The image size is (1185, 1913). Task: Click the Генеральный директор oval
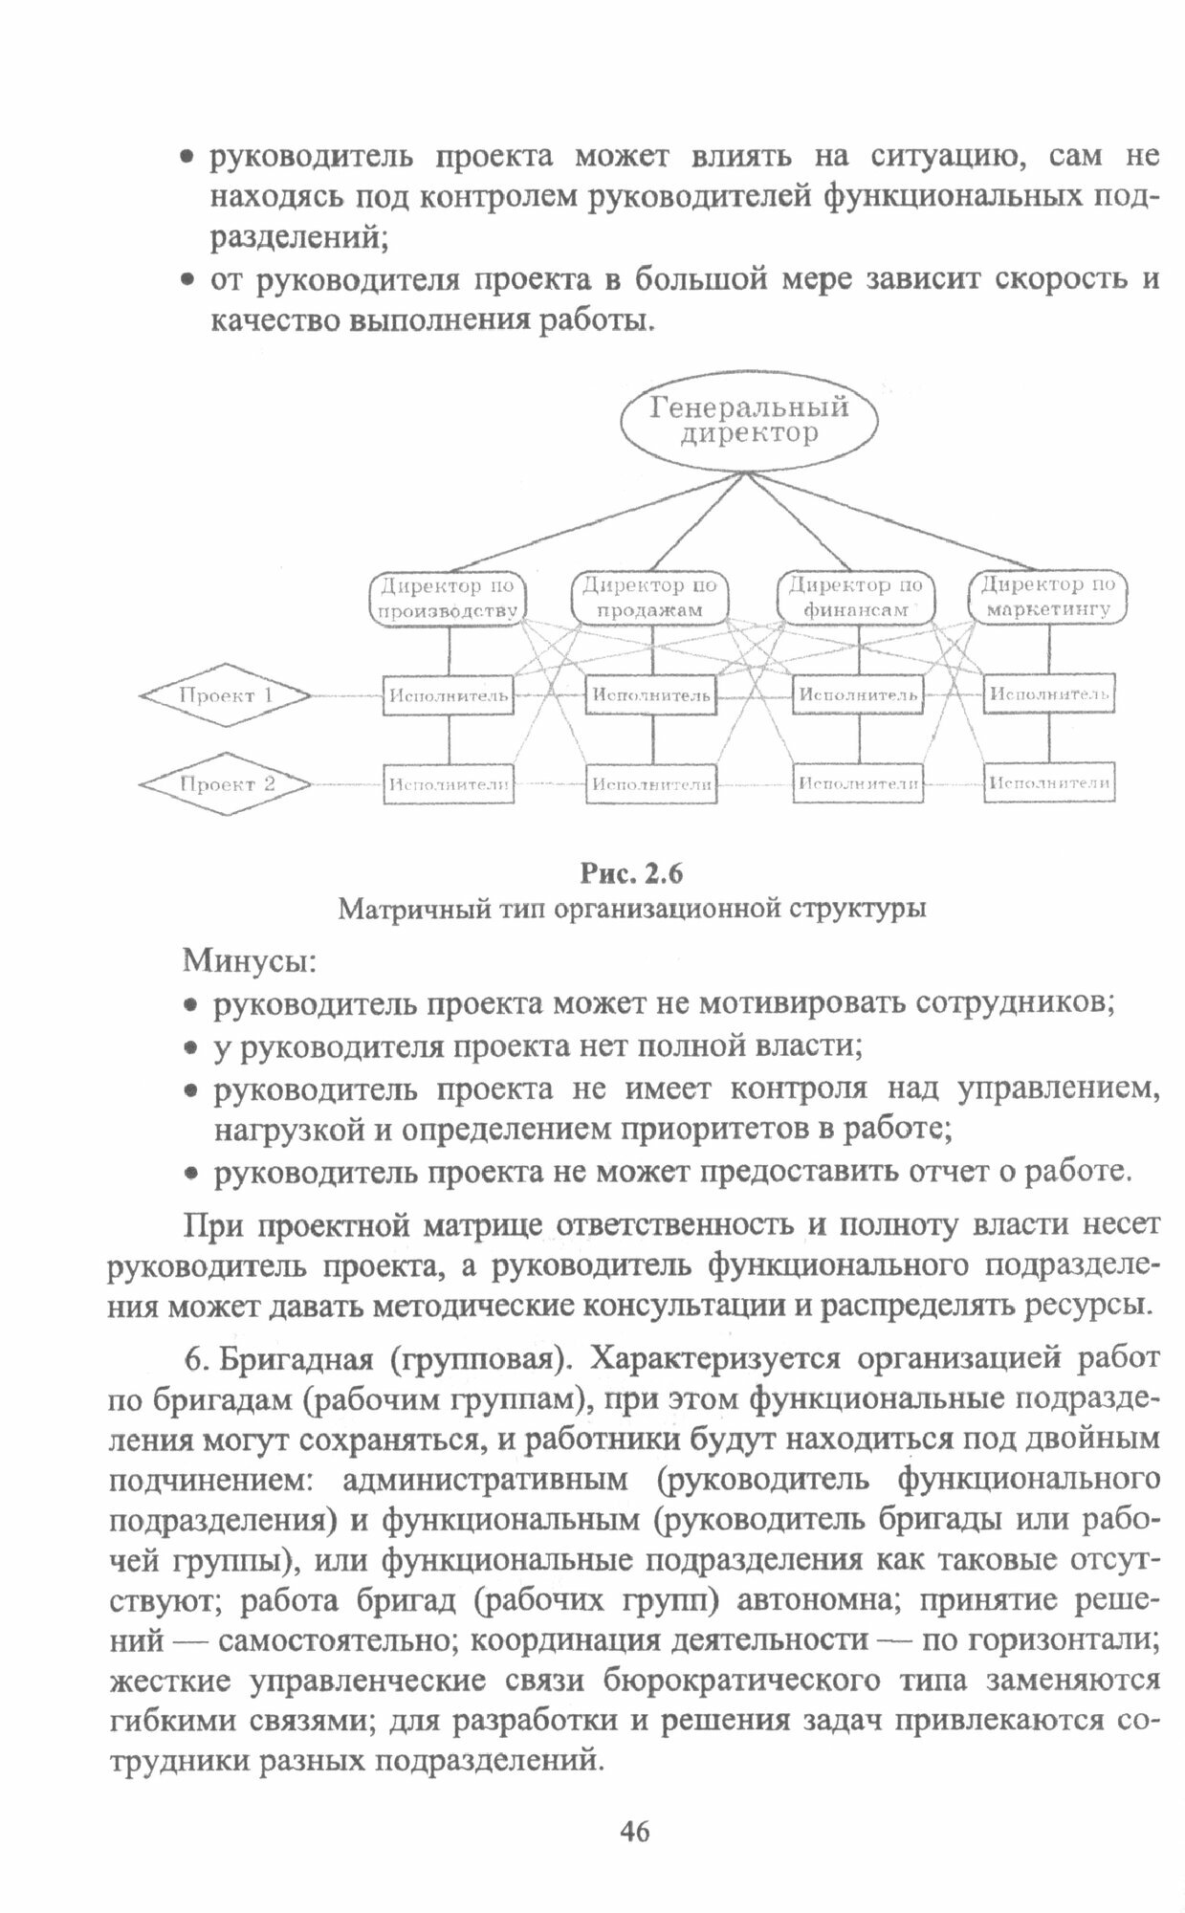749,421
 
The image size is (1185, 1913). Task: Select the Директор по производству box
448,598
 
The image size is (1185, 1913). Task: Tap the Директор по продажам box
649,598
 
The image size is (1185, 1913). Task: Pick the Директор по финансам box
856,598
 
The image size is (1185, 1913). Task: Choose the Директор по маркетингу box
1048,598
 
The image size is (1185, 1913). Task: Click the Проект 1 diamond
226,695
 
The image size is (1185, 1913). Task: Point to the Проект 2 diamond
226,784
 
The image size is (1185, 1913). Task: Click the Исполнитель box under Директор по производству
448,695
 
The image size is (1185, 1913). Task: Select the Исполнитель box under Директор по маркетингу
1049,693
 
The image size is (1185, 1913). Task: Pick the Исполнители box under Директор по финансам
858,784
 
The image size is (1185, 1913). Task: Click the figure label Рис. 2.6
632,873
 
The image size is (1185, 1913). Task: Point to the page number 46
634,1831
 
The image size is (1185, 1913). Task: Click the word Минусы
249,959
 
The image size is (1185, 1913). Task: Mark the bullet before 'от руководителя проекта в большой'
189,280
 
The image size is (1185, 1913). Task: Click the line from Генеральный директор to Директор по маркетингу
889,525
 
